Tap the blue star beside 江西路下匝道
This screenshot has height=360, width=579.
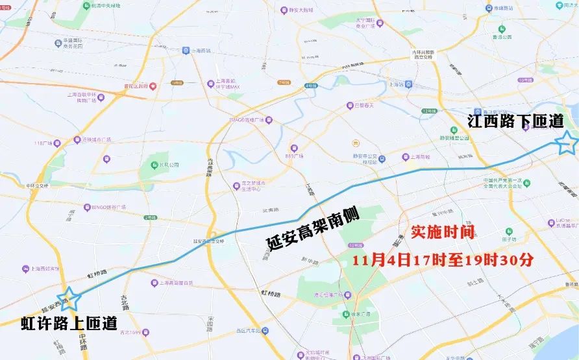(x=566, y=143)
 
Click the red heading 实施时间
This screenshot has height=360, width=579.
(x=443, y=232)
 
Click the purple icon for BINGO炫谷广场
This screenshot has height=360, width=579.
(x=86, y=209)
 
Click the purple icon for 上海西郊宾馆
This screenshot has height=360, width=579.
(x=25, y=269)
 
